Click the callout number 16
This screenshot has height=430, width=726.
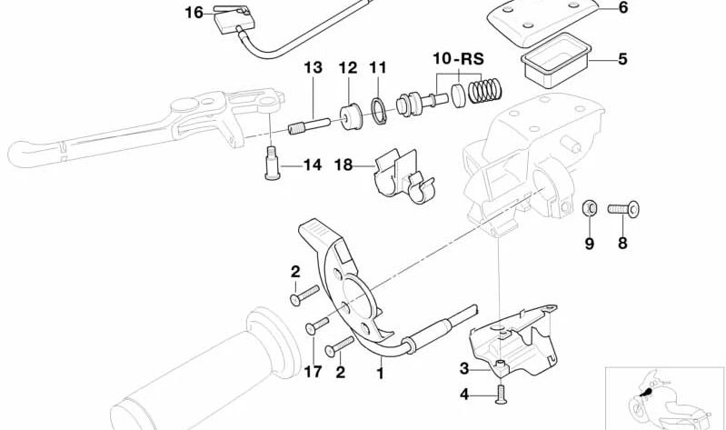coord(194,13)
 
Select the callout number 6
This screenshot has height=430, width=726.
coord(623,8)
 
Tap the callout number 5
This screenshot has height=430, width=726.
coord(622,59)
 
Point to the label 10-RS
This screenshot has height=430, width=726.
coord(458,59)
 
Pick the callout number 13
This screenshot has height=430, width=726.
coord(313,67)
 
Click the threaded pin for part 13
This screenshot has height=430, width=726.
coord(309,126)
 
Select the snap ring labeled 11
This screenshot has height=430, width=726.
coord(379,111)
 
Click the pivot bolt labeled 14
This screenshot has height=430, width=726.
coord(271,163)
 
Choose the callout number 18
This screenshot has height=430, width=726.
coord(343,165)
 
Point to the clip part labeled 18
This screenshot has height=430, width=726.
coord(403,176)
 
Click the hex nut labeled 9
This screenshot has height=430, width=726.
coord(590,208)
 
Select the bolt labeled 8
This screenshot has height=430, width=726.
coord(623,209)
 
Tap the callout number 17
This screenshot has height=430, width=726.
coord(313,371)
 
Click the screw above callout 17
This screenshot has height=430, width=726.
coord(317,326)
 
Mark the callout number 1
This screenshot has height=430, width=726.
coord(380,374)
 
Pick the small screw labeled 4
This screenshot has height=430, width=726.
coord(501,395)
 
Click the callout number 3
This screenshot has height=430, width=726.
coord(464,369)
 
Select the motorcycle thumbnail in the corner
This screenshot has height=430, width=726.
coord(665,398)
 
